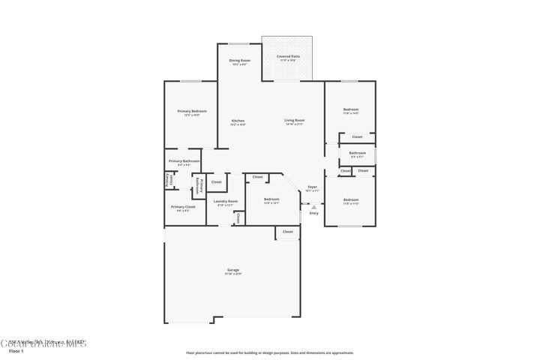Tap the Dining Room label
(239, 61)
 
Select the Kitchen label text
(238, 122)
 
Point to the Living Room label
(294, 122)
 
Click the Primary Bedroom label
(192, 112)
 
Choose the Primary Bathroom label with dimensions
(184, 162)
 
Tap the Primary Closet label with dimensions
(183, 208)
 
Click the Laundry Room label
(226, 202)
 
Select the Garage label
(233, 271)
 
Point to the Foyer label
(312, 188)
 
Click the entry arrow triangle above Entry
(313, 206)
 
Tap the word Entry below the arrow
(313, 213)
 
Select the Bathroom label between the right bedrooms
(357, 155)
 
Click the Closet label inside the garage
(288, 232)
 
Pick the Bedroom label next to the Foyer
(271, 201)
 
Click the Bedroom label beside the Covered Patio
(351, 111)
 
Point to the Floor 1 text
(16, 350)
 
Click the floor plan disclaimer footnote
(269, 352)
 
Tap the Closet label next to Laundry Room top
(216, 181)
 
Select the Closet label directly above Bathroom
(357, 136)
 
